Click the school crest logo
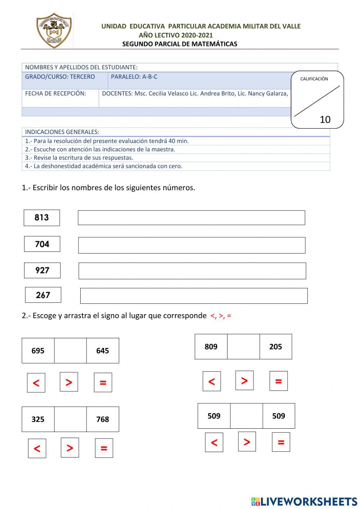click(x=54, y=31)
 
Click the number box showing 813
click(x=42, y=218)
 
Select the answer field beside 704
click(x=192, y=245)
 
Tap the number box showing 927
click(x=42, y=271)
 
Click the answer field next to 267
click(x=194, y=296)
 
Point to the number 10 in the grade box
click(x=325, y=120)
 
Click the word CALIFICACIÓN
click(x=314, y=79)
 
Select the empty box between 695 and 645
click(x=70, y=351)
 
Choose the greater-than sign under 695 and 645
click(x=69, y=382)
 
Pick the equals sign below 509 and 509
click(x=281, y=442)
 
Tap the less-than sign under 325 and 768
click(x=37, y=448)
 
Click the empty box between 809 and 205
click(x=243, y=347)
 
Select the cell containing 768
click(x=103, y=419)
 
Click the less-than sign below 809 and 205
click(x=212, y=381)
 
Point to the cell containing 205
click(x=275, y=347)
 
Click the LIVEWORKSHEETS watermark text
click(x=309, y=501)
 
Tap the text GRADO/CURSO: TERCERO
click(x=60, y=77)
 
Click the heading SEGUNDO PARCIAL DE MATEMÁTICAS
click(x=180, y=44)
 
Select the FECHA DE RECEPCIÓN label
click(x=55, y=94)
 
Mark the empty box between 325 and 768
click(x=70, y=419)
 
